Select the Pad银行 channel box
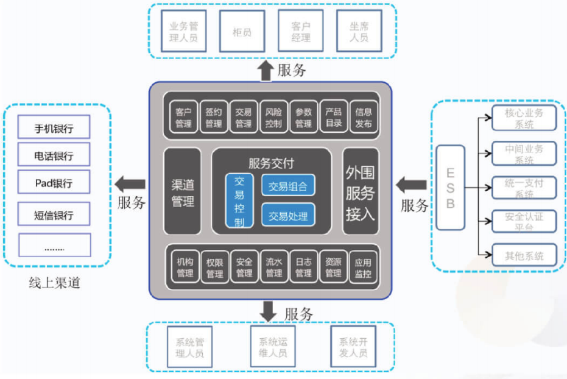tap(54, 183)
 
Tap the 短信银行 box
tap(54, 214)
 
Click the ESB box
tap(450, 187)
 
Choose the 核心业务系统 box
tap(524, 118)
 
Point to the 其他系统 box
tap(524, 255)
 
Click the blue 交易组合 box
tap(288, 185)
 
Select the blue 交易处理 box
tap(288, 214)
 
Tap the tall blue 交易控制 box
tap(239, 200)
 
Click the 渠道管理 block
tap(182, 191)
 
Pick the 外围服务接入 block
tap(361, 191)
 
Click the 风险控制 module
tap(273, 118)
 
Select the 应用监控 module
tap(362, 268)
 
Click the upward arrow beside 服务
tap(266, 70)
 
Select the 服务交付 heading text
tap(272, 163)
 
